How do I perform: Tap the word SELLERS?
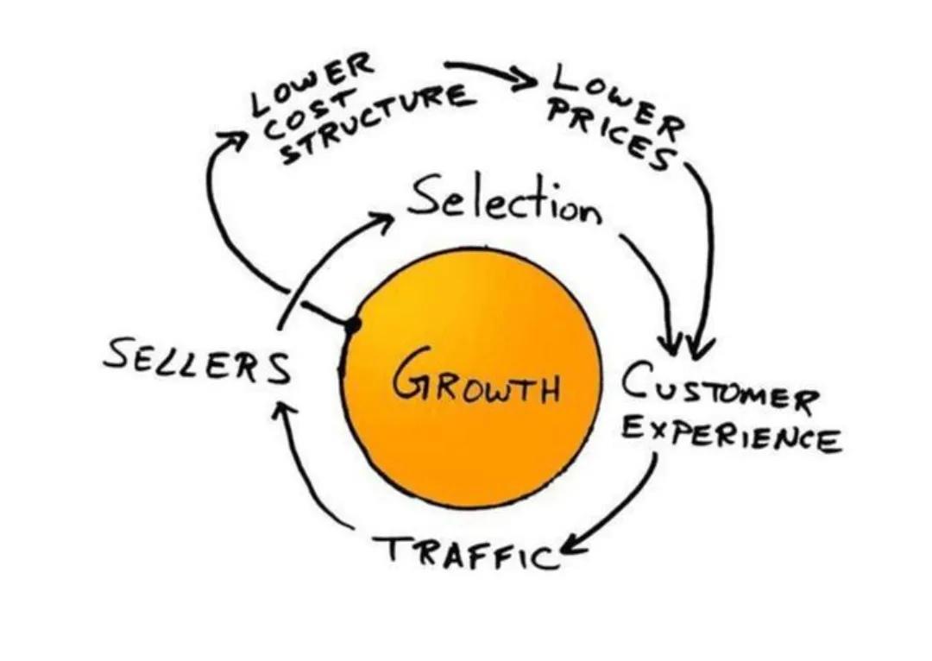197,362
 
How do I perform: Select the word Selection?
505,205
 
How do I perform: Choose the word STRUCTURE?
380,119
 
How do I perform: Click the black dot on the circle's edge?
351,325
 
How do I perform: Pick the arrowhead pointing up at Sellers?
277,406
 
